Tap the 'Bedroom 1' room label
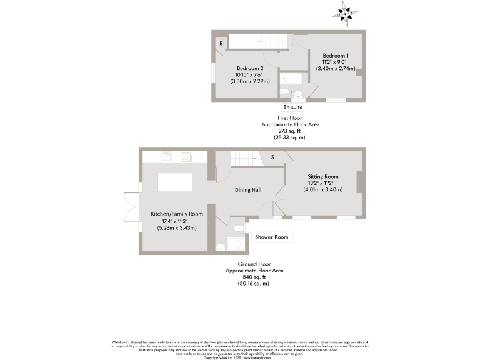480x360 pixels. (x=336, y=56)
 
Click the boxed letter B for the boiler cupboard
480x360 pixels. (x=221, y=43)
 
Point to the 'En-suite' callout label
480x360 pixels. (x=293, y=107)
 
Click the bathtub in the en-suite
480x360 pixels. (x=291, y=79)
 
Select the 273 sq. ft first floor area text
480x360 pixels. (x=290, y=131)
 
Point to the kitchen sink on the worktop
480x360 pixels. (x=167, y=156)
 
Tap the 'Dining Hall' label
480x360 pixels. (x=247, y=190)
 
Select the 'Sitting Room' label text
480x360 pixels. (x=322, y=177)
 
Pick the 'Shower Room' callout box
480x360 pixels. (x=272, y=237)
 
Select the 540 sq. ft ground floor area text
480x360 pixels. (x=255, y=277)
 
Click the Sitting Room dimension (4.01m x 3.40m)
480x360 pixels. (x=322, y=189)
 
